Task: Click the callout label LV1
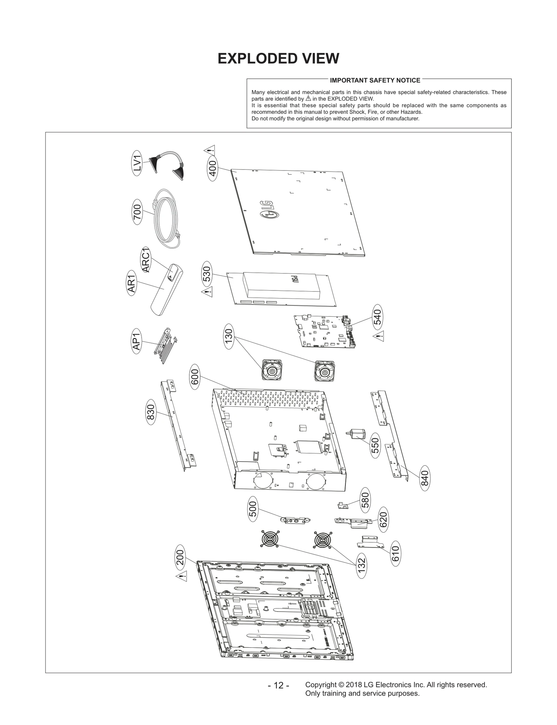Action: point(138,163)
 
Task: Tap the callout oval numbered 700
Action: point(138,212)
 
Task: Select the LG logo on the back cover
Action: point(267,210)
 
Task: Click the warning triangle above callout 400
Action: point(209,151)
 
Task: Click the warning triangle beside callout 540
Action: point(378,336)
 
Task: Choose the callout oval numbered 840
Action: point(425,478)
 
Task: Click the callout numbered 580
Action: point(365,500)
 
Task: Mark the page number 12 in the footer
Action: point(278,685)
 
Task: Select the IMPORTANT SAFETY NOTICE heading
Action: point(375,80)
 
